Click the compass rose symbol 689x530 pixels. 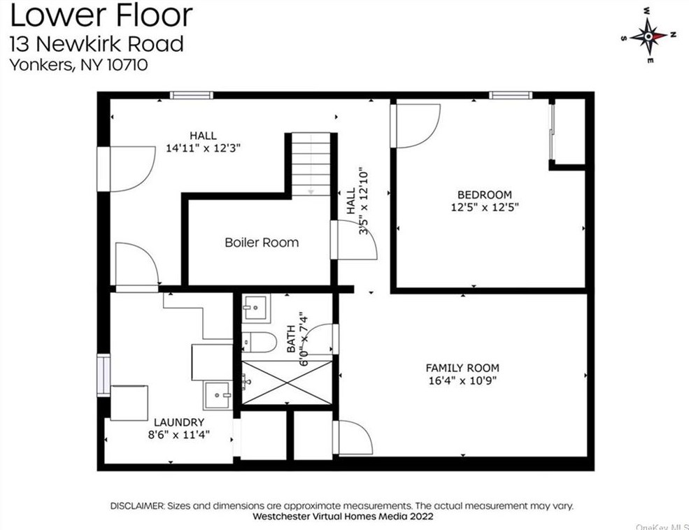pos(648,36)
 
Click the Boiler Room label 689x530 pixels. pos(261,243)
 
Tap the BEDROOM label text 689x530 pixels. pos(484,194)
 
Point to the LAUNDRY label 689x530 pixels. pos(180,422)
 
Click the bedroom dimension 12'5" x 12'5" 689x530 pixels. pos(484,207)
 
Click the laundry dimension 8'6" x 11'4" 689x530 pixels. pos(180,434)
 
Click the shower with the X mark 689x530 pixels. pos(287,382)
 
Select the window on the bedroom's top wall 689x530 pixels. pos(510,96)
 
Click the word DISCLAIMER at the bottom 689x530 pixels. pos(136,506)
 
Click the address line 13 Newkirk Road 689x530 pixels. pos(96,43)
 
